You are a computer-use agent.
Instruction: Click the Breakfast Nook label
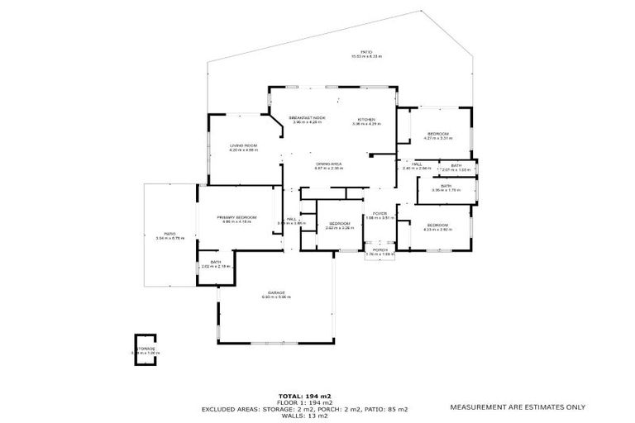(x=308, y=118)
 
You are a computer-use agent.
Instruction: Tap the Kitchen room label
(x=366, y=118)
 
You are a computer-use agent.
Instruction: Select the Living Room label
(x=243, y=145)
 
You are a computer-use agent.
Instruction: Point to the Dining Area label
(x=329, y=164)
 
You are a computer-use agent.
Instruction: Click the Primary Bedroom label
(x=236, y=217)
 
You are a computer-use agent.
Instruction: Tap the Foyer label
(x=380, y=213)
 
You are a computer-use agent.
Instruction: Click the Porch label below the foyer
(x=380, y=250)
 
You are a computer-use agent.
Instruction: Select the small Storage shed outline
(x=146, y=347)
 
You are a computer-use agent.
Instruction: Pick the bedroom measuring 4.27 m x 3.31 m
(x=437, y=134)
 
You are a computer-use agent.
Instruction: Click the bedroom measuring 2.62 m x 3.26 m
(x=340, y=224)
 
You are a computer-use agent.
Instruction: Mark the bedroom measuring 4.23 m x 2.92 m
(x=437, y=225)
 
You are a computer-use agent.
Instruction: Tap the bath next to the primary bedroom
(x=215, y=263)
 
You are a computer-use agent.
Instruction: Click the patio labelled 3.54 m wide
(x=169, y=235)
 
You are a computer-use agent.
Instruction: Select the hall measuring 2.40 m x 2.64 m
(x=418, y=164)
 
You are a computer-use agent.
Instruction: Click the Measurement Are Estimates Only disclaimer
(x=518, y=406)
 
